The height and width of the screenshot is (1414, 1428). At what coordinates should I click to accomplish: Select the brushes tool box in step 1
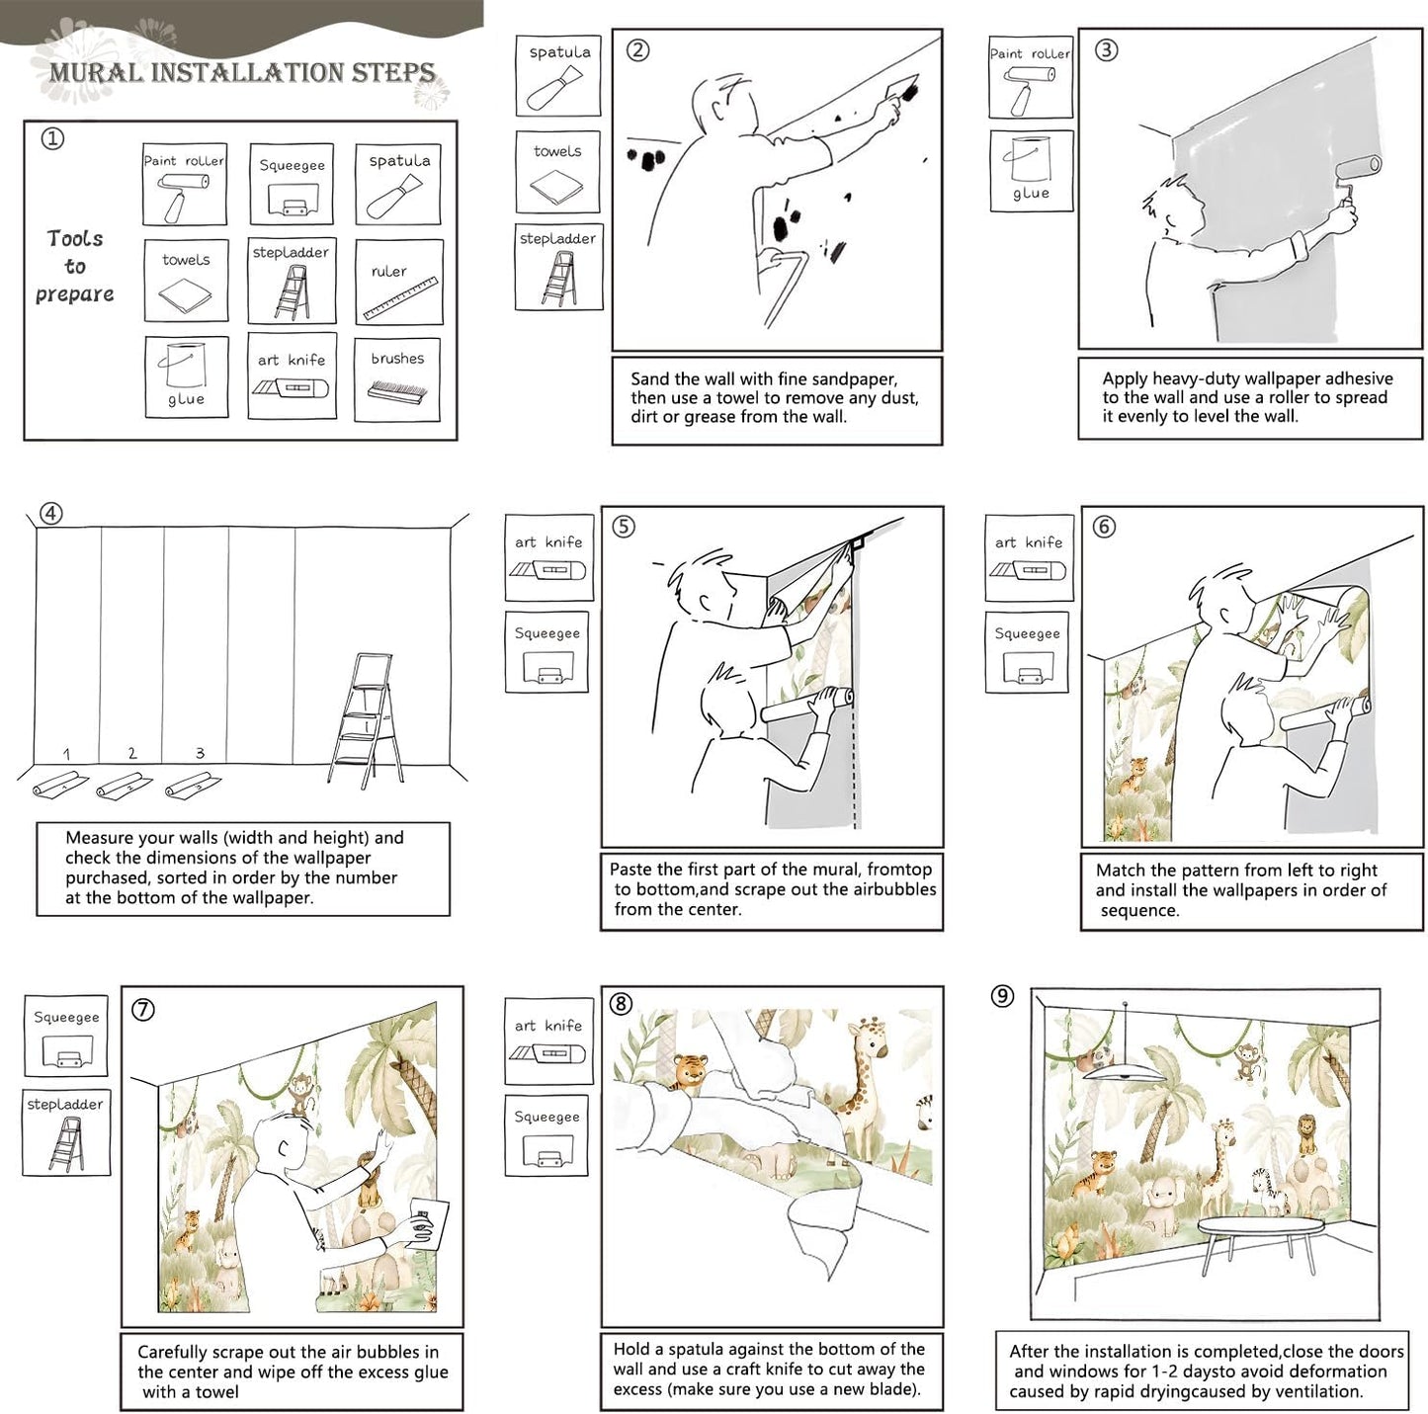click(x=396, y=378)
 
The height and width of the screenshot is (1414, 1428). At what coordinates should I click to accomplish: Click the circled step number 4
click(x=51, y=513)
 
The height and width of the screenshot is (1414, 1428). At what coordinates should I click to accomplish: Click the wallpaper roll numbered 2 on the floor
click(x=124, y=786)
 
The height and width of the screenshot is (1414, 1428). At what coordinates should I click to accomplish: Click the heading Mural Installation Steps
click(x=242, y=72)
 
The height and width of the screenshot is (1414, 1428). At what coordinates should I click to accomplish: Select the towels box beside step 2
click(x=557, y=172)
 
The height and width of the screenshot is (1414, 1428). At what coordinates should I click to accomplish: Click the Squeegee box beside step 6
click(x=1027, y=652)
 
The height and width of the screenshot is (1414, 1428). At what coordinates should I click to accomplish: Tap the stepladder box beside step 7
click(x=65, y=1131)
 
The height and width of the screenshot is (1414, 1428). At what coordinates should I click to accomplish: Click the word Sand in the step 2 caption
click(x=649, y=378)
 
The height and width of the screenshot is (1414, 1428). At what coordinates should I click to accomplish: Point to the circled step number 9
click(x=1002, y=996)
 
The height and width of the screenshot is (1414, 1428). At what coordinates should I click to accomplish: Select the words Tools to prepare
click(x=75, y=266)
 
